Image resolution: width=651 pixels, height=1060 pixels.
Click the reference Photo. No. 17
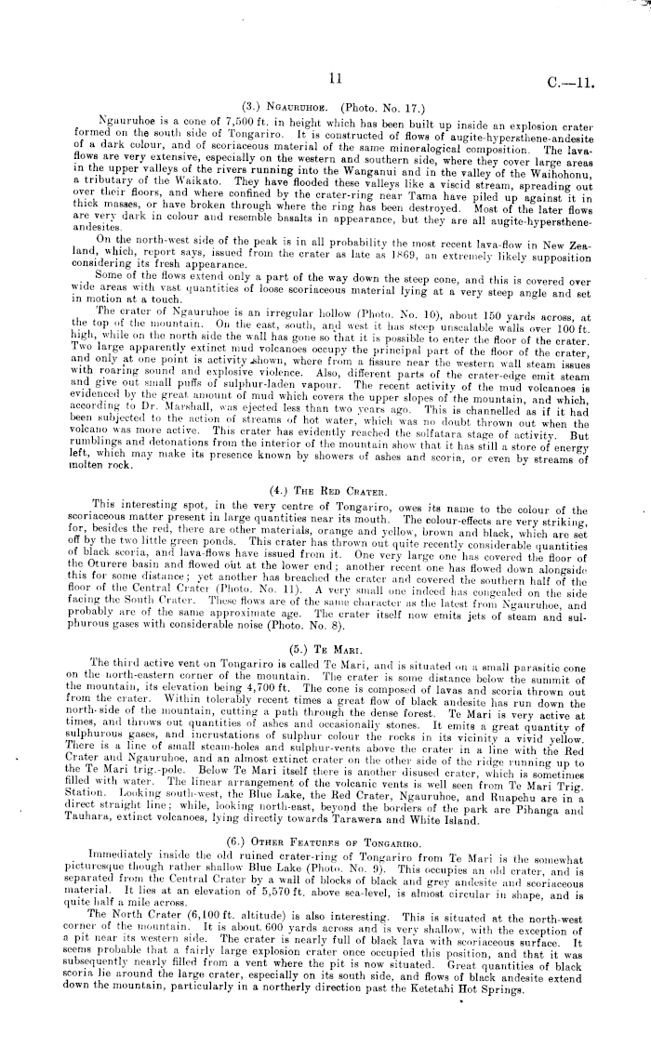(392, 106)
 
